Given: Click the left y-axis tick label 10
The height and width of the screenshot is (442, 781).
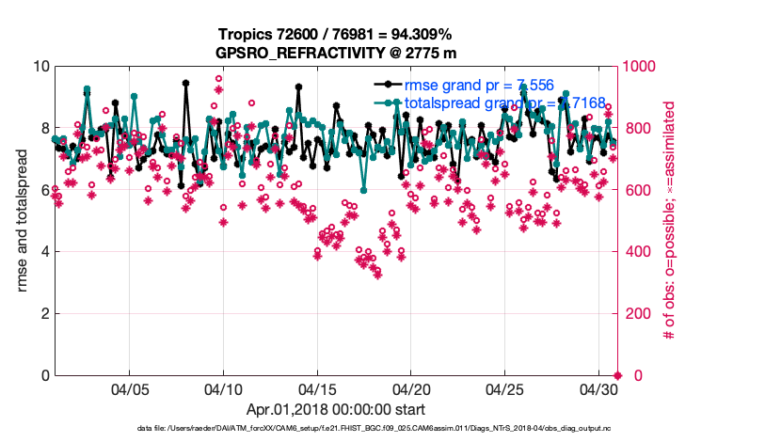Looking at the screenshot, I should pyautogui.click(x=40, y=67).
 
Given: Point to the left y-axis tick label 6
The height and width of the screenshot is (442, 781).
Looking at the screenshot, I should pyautogui.click(x=44, y=190).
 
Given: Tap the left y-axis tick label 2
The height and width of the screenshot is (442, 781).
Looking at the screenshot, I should pyautogui.click(x=44, y=313).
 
